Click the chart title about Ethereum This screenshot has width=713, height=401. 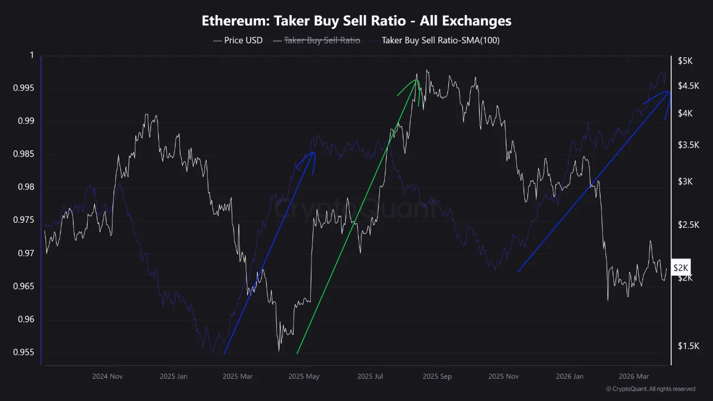click(356, 21)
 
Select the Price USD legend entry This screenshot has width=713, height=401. click(238, 41)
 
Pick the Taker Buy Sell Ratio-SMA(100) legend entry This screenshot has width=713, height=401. click(434, 41)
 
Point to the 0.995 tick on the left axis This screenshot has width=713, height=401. click(25, 89)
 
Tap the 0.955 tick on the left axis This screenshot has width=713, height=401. click(25, 353)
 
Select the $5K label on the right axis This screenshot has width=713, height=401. click(685, 61)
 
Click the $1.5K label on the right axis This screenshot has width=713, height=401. click(688, 346)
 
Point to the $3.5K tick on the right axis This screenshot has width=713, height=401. click(688, 145)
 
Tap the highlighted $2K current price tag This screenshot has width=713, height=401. click(681, 268)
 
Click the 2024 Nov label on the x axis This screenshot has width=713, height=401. click(107, 376)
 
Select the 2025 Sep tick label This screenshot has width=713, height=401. click(438, 376)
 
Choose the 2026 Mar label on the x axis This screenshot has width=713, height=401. click(634, 376)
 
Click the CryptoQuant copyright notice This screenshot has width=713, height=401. click(650, 389)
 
